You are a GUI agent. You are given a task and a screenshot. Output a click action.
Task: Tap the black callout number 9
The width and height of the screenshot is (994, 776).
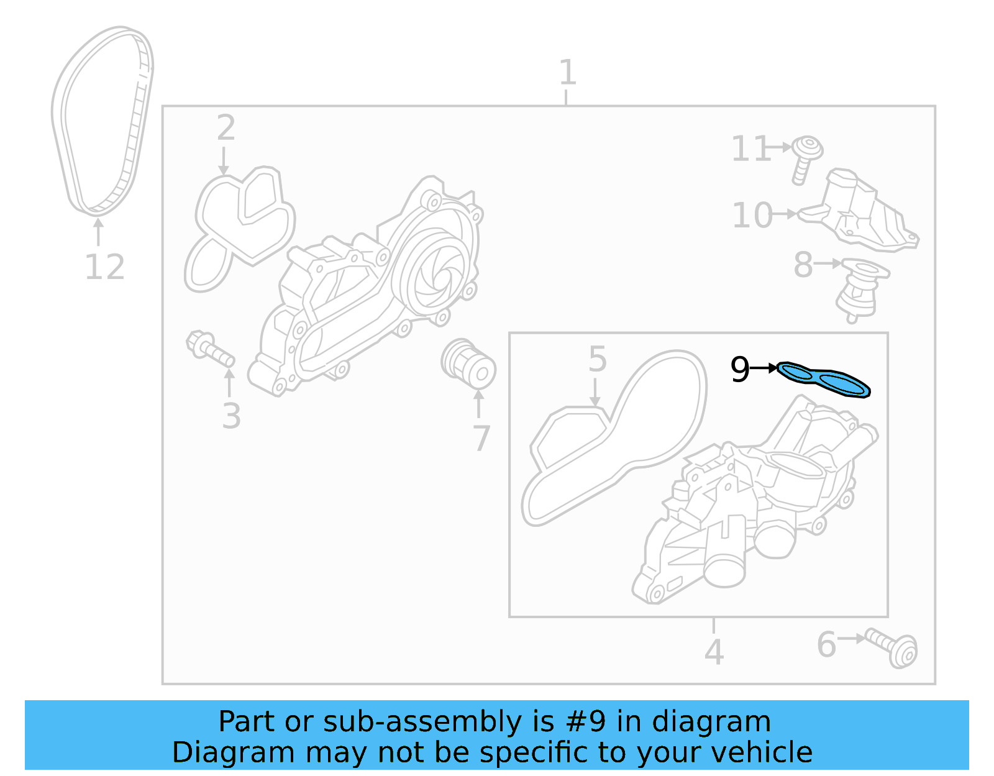click(x=740, y=370)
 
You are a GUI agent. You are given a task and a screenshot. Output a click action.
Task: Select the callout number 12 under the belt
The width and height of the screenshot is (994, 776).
click(x=104, y=268)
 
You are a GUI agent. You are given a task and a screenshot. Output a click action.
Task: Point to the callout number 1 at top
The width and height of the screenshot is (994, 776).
click(x=567, y=73)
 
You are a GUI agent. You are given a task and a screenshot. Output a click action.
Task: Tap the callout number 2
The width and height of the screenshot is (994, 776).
click(x=226, y=127)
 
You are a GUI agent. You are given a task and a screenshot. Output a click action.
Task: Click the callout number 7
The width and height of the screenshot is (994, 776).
click(x=481, y=439)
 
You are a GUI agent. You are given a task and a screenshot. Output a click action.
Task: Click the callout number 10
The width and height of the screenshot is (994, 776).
click(x=752, y=216)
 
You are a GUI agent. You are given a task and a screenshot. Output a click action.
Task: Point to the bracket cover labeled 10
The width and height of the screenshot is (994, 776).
click(x=864, y=211)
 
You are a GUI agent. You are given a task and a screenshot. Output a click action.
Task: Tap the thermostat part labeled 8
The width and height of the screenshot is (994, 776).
click(x=860, y=289)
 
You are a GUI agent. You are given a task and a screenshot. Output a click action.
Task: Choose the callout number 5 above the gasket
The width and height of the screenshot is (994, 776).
click(x=597, y=360)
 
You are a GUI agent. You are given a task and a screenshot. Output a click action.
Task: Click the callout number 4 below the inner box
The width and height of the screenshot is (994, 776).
click(x=714, y=652)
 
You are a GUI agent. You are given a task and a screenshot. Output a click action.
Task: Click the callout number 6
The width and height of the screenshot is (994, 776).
click(x=826, y=644)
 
